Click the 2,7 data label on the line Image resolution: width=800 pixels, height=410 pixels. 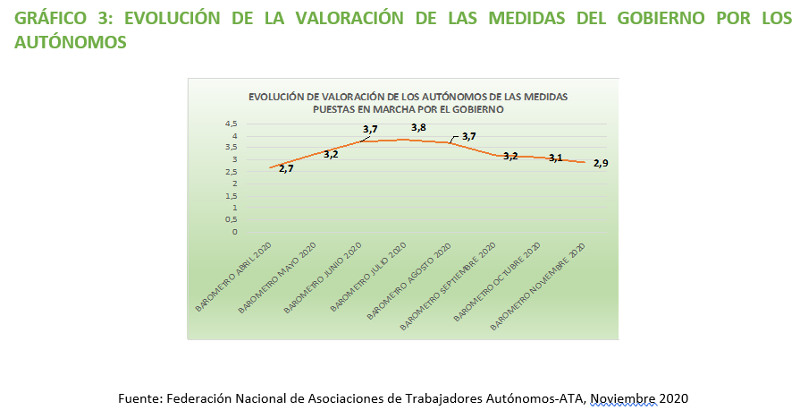pyautogui.click(x=286, y=167)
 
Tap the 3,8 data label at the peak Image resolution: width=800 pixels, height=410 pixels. pyautogui.click(x=418, y=128)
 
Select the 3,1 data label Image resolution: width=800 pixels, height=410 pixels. pyautogui.click(x=555, y=158)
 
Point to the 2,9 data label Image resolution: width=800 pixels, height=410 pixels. pyautogui.click(x=601, y=162)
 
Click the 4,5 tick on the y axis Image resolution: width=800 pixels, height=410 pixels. pyautogui.click(x=232, y=124)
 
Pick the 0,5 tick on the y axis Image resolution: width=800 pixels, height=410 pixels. pyautogui.click(x=232, y=219)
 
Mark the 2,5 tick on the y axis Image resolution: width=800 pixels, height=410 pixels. pyautogui.click(x=232, y=171)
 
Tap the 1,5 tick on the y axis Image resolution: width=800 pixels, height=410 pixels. pyautogui.click(x=232, y=195)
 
